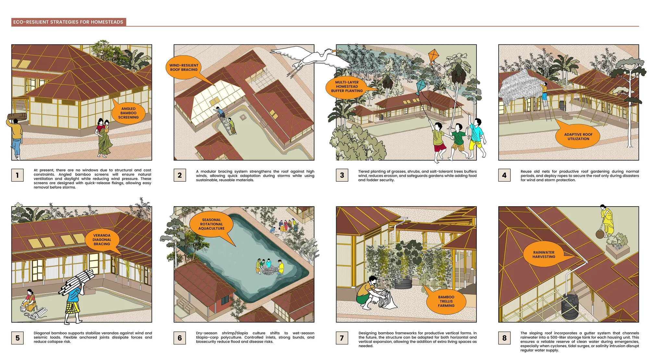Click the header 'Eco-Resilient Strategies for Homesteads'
pyautogui.click(x=68, y=22)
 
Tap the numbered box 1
pyautogui.click(x=17, y=175)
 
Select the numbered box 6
pyautogui.click(x=180, y=338)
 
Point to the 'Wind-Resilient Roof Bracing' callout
pyautogui.click(x=184, y=67)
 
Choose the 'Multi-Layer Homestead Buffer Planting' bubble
pyautogui.click(x=347, y=87)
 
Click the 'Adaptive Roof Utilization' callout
pyautogui.click(x=578, y=136)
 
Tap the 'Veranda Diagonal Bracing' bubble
pyautogui.click(x=102, y=240)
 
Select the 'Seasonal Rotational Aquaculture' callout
pyautogui.click(x=212, y=224)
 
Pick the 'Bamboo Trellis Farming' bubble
pyautogui.click(x=446, y=301)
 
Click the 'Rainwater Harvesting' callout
pyautogui.click(x=544, y=255)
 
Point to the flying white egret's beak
pyautogui.click(x=334, y=51)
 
